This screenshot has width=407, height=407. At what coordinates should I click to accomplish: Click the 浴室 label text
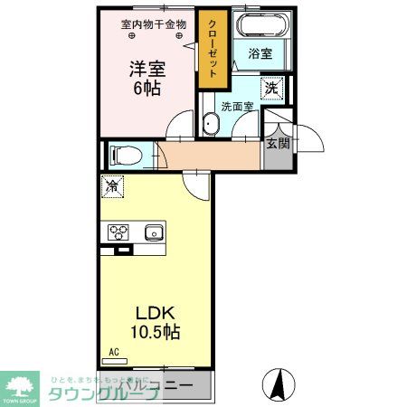coord(260,54)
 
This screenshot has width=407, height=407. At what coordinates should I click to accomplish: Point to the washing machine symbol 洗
coord(271,88)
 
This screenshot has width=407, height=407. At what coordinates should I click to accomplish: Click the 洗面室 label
coord(236,105)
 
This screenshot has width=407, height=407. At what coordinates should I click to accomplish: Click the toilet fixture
coord(122,156)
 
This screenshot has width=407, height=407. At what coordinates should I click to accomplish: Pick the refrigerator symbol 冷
coord(112,186)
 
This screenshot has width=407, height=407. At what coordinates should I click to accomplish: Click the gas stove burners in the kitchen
coord(119,232)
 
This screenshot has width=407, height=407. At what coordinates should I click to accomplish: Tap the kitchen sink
coord(152,232)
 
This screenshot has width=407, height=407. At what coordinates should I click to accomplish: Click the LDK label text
coord(155,313)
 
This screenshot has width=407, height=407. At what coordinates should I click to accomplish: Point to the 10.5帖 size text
coord(156,332)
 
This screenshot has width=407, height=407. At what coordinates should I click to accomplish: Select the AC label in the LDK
coord(114,351)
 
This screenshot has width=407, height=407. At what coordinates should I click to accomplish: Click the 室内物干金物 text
coord(154,24)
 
